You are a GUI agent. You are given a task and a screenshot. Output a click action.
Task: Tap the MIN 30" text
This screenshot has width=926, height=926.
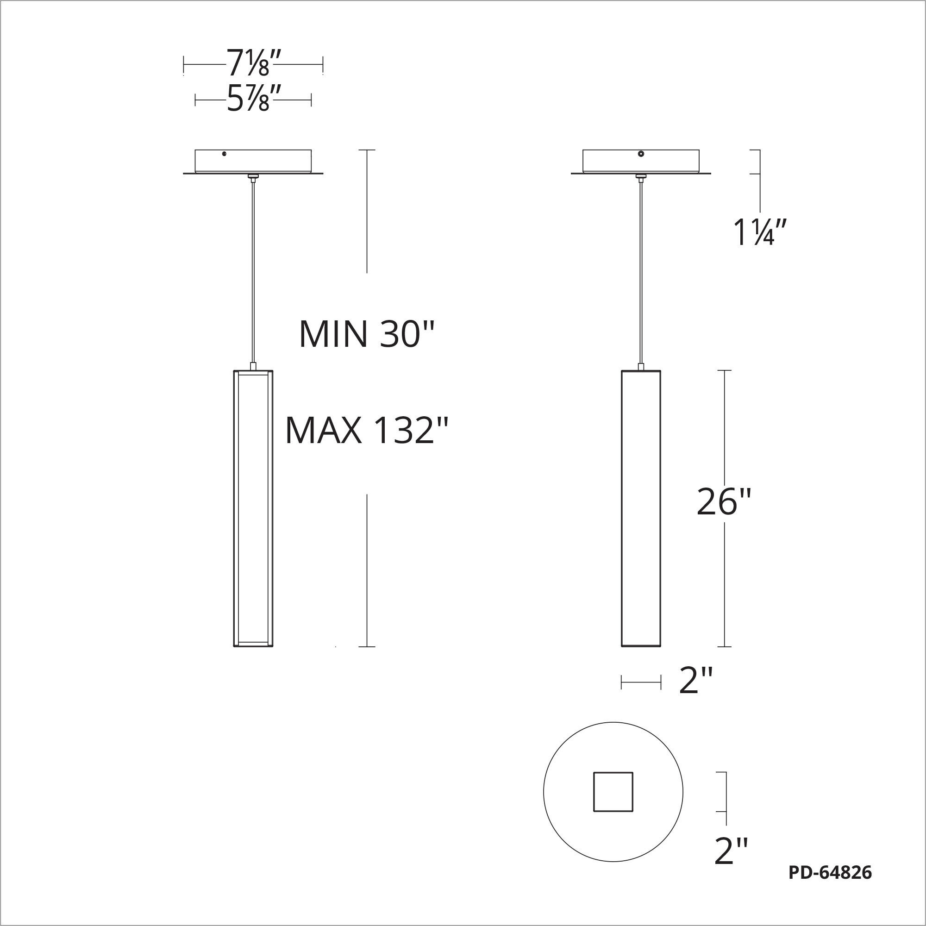click(366, 335)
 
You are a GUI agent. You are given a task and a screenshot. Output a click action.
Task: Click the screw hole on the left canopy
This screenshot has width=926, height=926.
click(224, 154)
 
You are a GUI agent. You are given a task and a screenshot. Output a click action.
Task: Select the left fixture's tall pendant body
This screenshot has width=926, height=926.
click(253, 508)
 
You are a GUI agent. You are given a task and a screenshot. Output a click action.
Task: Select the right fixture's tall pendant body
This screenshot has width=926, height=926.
click(641, 508)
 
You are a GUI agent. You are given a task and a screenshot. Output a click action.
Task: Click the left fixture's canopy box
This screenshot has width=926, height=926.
click(253, 162)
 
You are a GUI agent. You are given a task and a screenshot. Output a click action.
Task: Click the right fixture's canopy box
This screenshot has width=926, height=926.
click(640, 162)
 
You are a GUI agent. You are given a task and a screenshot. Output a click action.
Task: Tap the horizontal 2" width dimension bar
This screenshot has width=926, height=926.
click(641, 682)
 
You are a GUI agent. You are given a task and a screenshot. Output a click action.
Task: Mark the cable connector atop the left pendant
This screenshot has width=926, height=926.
click(253, 366)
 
